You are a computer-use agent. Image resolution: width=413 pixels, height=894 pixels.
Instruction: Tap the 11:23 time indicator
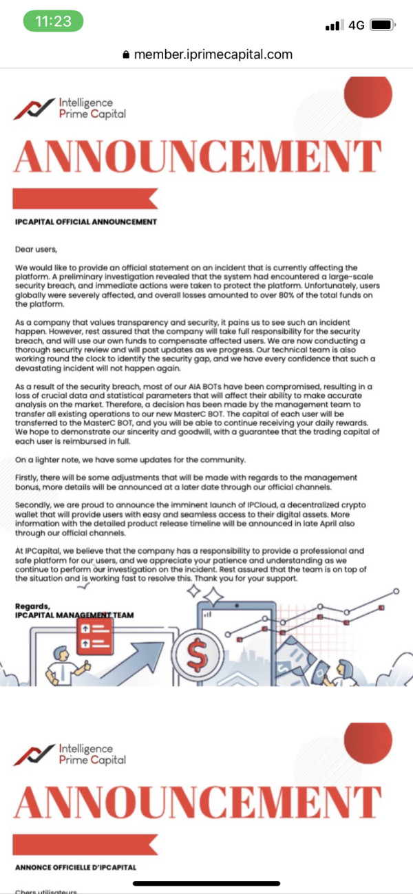click(x=53, y=21)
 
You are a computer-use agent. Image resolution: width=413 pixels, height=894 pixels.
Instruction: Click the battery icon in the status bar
click(x=381, y=25)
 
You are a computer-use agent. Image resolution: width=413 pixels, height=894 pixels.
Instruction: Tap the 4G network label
click(x=356, y=25)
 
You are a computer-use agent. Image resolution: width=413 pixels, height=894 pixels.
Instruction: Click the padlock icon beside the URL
click(x=125, y=55)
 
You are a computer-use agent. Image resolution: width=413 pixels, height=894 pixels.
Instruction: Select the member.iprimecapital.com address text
click(x=213, y=54)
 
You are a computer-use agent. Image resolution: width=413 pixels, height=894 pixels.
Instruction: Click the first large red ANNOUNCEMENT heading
click(x=198, y=158)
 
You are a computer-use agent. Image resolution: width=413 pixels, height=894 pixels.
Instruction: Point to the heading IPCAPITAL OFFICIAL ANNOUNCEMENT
click(x=86, y=222)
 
